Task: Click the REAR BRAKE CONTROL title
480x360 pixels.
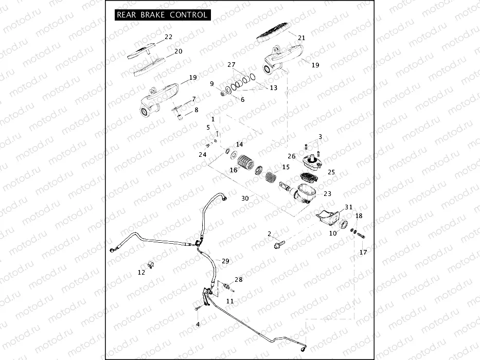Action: [x=163, y=15]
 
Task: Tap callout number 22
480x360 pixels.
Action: [x=169, y=37]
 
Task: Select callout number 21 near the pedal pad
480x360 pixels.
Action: [x=302, y=38]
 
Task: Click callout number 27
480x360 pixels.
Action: [x=232, y=65]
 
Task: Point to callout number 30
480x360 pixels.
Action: [x=245, y=199]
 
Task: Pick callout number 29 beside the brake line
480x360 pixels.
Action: [x=225, y=261]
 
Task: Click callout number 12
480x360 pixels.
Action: [x=141, y=273]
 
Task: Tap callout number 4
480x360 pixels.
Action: [x=198, y=324]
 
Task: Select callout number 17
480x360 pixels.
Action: [x=363, y=252]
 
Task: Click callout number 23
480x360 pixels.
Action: [x=328, y=194]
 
